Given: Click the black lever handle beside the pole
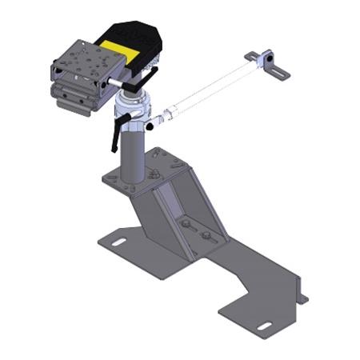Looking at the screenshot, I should [x=118, y=131].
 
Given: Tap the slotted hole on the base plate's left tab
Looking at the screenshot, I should [x=117, y=241].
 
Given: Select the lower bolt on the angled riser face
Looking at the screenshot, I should [x=206, y=236].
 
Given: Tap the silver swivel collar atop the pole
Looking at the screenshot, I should [x=133, y=105].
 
